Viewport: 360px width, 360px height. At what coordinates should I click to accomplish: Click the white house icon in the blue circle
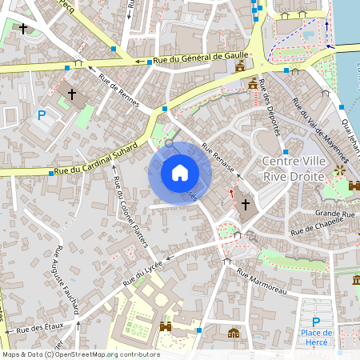(180, 172)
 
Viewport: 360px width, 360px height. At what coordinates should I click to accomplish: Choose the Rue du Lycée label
(143, 273)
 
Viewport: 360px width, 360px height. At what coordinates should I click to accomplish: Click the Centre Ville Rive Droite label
(293, 168)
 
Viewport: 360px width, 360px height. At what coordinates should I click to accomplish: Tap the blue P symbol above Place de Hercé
(316, 321)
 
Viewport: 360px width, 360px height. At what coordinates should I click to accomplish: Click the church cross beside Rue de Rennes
(72, 94)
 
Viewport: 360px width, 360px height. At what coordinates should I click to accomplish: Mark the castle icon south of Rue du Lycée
(166, 327)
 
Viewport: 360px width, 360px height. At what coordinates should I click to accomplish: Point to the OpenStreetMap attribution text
(80, 354)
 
